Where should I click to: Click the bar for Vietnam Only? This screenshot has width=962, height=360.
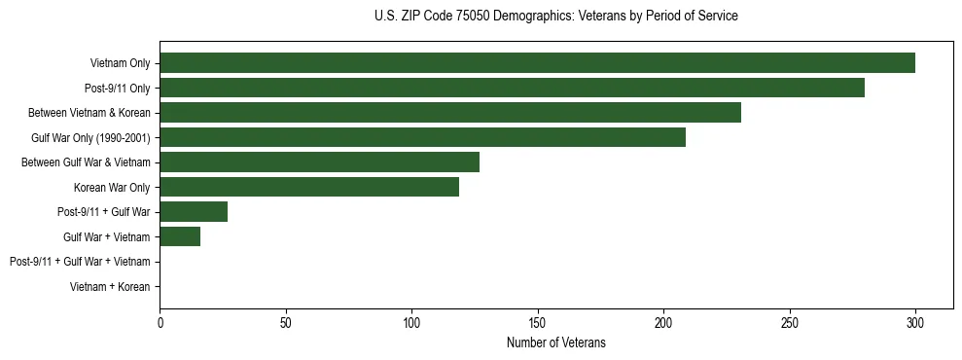(x=537, y=63)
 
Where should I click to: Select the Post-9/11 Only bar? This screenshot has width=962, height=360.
(x=512, y=89)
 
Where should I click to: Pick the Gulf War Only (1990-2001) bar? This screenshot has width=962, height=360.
(x=422, y=137)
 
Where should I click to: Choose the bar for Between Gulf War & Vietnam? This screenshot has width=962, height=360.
(x=319, y=162)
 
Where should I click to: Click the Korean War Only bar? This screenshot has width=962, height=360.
(x=309, y=187)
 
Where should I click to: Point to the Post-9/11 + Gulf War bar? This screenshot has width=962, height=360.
(x=194, y=212)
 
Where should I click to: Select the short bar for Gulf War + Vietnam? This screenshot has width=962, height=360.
(x=180, y=236)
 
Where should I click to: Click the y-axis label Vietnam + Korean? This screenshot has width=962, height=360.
(x=110, y=287)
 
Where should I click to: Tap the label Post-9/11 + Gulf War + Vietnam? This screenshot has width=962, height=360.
(x=80, y=262)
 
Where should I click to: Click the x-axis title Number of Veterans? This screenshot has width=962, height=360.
(x=555, y=342)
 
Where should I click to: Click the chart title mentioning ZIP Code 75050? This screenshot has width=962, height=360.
(x=555, y=17)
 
